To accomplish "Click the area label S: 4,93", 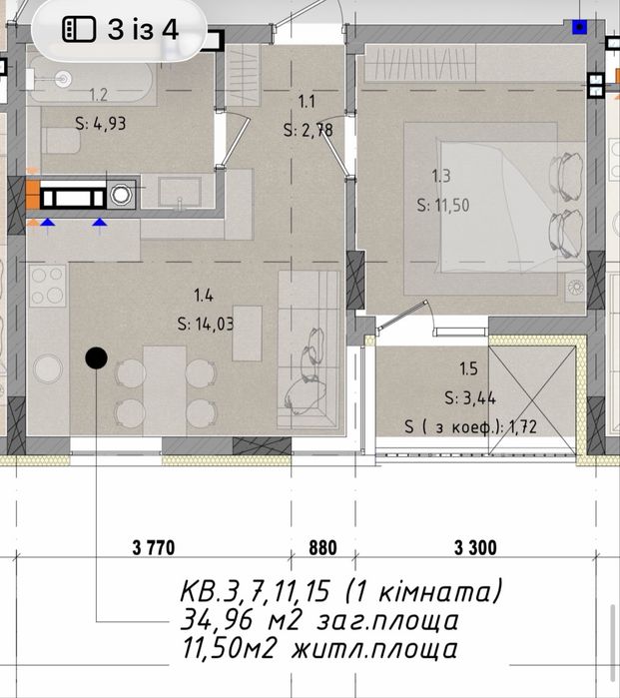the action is pos(101,123).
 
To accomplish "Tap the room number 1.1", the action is pos(307,102).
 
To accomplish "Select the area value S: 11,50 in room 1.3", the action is pos(443,206).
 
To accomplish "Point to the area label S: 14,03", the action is pos(206,324).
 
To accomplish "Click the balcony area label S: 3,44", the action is pos(470,397).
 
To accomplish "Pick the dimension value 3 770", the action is pos(154,547).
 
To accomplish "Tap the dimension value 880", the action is pos(322,547).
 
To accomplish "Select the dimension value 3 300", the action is pos(475,547).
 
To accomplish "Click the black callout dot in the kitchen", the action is pos(96,357).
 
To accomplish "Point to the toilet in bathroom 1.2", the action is pos(61,140).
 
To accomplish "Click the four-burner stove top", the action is pos(48,286).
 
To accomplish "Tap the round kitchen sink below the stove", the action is pos(48,367).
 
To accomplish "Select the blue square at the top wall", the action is pos(579,27).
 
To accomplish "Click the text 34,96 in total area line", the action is pos(216,620).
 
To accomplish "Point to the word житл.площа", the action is pos(374,649).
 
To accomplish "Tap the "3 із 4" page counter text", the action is pos(143,30).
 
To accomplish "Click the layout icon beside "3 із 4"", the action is pos(79,29).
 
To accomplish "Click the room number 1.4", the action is pos(204,296).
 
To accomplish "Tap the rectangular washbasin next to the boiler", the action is pos(180,192).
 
